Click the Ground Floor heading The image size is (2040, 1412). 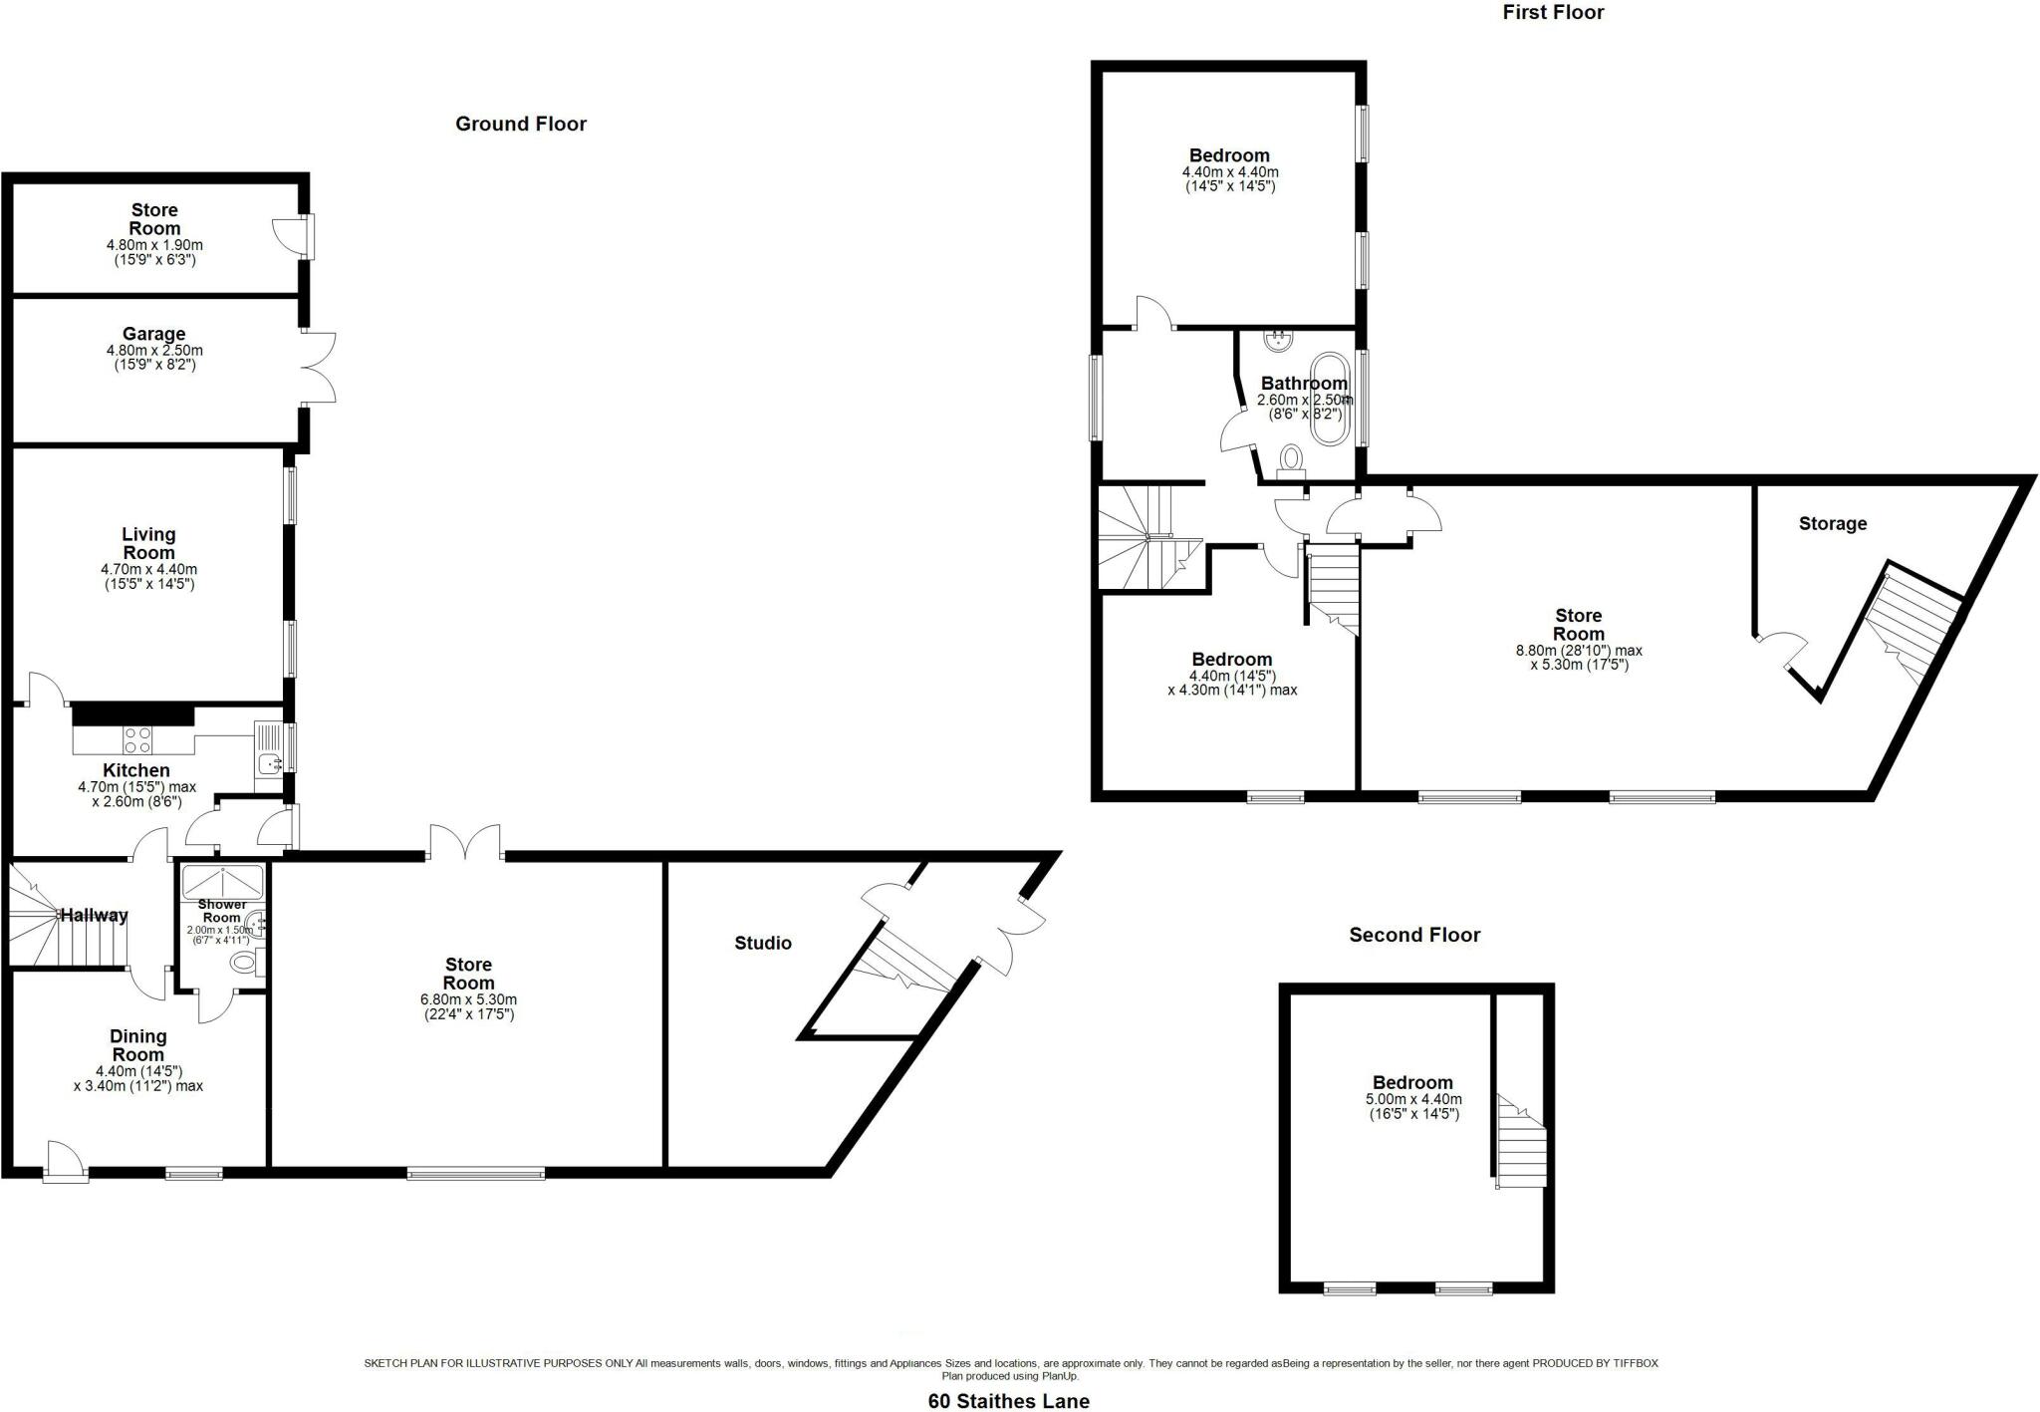click(521, 124)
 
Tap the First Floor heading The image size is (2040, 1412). click(1553, 12)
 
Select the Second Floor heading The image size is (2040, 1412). click(1414, 935)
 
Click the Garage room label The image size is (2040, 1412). click(154, 334)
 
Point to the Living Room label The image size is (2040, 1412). click(148, 544)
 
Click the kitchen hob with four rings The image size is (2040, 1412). click(137, 739)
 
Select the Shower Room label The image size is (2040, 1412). click(221, 911)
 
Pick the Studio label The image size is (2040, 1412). click(763, 943)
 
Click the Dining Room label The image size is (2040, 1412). click(137, 1045)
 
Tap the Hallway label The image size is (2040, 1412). click(94, 915)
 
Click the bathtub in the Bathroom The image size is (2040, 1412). click(1330, 399)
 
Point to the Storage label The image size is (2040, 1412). click(1833, 523)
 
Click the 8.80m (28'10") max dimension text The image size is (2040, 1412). click(1579, 651)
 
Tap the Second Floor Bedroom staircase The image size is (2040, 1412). click(1520, 1145)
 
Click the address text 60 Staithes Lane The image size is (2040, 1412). click(1008, 1401)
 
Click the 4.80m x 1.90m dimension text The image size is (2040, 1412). click(154, 245)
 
